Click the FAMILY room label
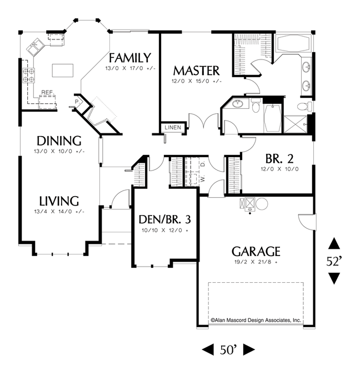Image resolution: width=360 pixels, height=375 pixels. (x=130, y=58)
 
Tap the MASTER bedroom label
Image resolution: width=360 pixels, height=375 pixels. (x=196, y=71)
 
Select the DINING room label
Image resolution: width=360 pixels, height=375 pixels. (x=59, y=141)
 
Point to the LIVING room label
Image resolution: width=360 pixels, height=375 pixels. (x=59, y=201)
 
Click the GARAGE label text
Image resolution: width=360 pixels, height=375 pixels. (x=256, y=251)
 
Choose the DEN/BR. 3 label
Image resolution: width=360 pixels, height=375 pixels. (x=165, y=219)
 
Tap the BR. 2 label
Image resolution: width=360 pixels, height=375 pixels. (x=279, y=158)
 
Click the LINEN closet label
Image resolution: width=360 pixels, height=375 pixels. (x=173, y=127)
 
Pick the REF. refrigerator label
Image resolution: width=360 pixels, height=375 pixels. (x=48, y=92)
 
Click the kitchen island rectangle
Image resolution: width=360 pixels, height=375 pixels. (x=63, y=71)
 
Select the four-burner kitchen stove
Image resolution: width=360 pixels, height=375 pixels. (x=28, y=76)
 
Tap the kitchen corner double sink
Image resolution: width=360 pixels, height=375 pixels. (x=35, y=46)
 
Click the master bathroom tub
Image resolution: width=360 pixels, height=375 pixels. (x=293, y=43)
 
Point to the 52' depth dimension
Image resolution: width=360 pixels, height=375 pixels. (x=334, y=262)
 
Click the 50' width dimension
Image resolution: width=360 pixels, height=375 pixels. (x=228, y=350)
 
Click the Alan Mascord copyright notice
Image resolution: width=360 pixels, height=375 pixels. (x=256, y=320)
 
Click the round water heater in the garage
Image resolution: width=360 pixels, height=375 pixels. (x=262, y=204)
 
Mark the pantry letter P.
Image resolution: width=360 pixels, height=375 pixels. (x=77, y=102)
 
